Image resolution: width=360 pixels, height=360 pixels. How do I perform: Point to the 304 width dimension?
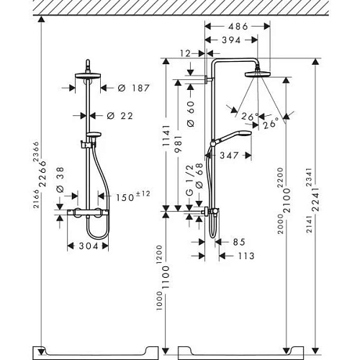point(87,246)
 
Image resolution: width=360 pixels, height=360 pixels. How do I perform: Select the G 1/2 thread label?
point(190,186)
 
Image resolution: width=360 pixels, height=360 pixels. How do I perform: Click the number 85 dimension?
point(238,243)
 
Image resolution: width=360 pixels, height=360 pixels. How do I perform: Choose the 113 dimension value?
point(246,256)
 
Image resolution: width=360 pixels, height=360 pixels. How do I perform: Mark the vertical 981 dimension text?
point(179,148)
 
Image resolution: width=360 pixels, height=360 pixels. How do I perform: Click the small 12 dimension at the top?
point(186,53)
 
